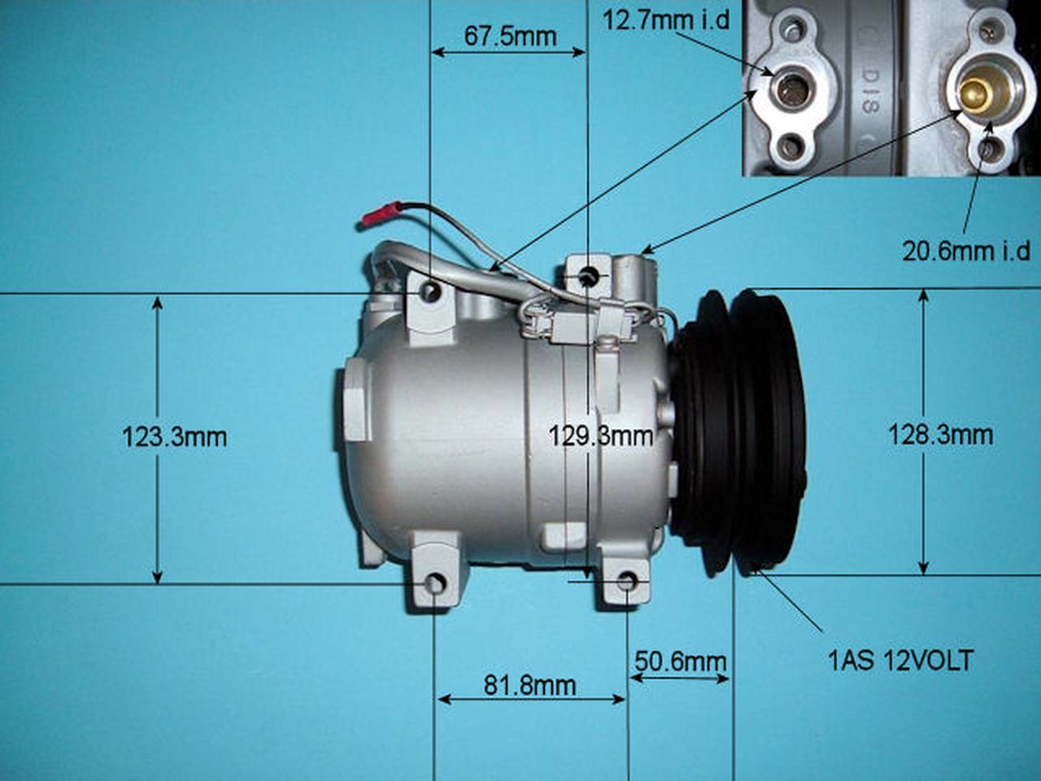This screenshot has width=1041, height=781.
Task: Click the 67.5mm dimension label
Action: click(510, 37)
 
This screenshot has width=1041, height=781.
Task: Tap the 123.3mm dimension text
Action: click(174, 437)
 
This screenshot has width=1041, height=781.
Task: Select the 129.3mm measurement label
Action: click(600, 436)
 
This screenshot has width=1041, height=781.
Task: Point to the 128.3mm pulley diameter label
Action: click(940, 434)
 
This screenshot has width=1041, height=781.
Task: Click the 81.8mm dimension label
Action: click(529, 685)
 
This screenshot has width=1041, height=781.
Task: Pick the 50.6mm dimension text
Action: click(678, 661)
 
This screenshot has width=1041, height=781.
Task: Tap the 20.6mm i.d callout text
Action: click(966, 250)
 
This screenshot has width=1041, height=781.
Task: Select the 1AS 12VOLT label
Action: click(900, 660)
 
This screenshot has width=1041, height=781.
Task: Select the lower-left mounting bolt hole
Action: click(436, 583)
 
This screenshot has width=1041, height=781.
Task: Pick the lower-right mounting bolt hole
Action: click(628, 581)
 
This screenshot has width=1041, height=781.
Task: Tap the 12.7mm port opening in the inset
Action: click(787, 86)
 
